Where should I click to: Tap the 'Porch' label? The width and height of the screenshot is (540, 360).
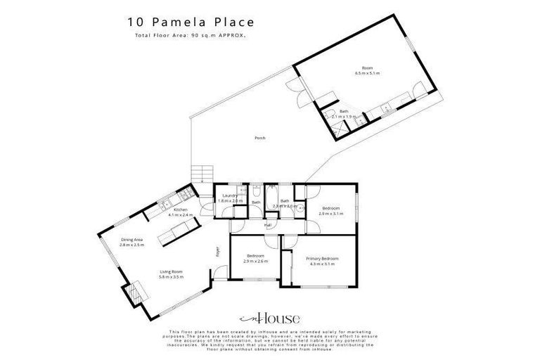(x=259, y=139)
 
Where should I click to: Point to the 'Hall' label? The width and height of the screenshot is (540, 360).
(x=268, y=225)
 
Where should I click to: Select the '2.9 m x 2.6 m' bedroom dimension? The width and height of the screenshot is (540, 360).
(x=255, y=261)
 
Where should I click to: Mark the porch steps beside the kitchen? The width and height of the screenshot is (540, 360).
(x=201, y=172)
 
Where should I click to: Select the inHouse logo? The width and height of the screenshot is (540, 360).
(x=269, y=317)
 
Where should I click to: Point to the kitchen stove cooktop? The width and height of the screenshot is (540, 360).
(x=188, y=193)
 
